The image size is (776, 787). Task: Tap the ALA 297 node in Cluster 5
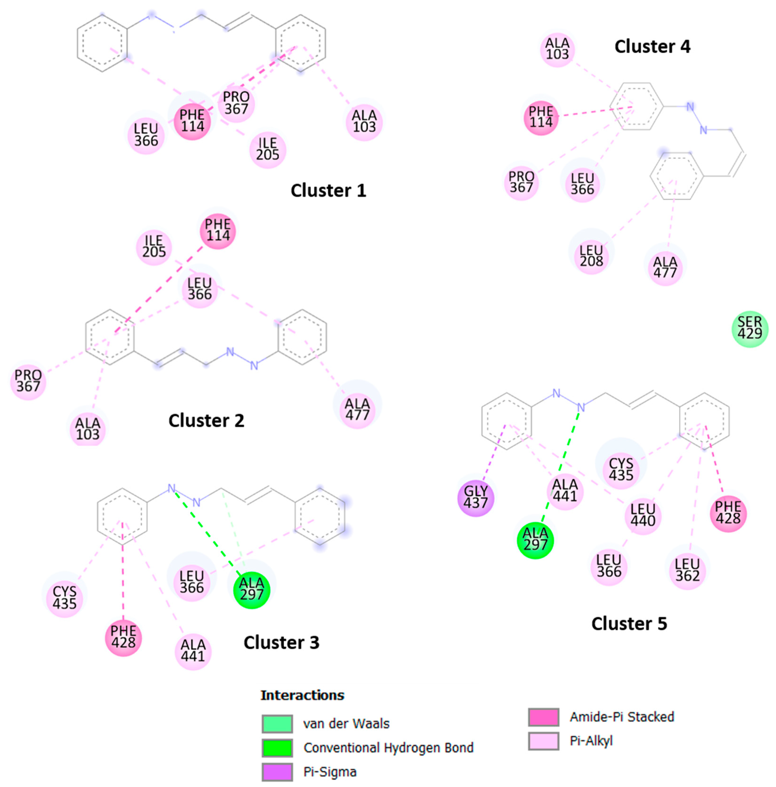pyautogui.click(x=535, y=540)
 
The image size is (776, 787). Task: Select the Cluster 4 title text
pyautogui.click(x=652, y=47)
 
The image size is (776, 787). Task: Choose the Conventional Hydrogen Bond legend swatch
pyautogui.click(x=277, y=748)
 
